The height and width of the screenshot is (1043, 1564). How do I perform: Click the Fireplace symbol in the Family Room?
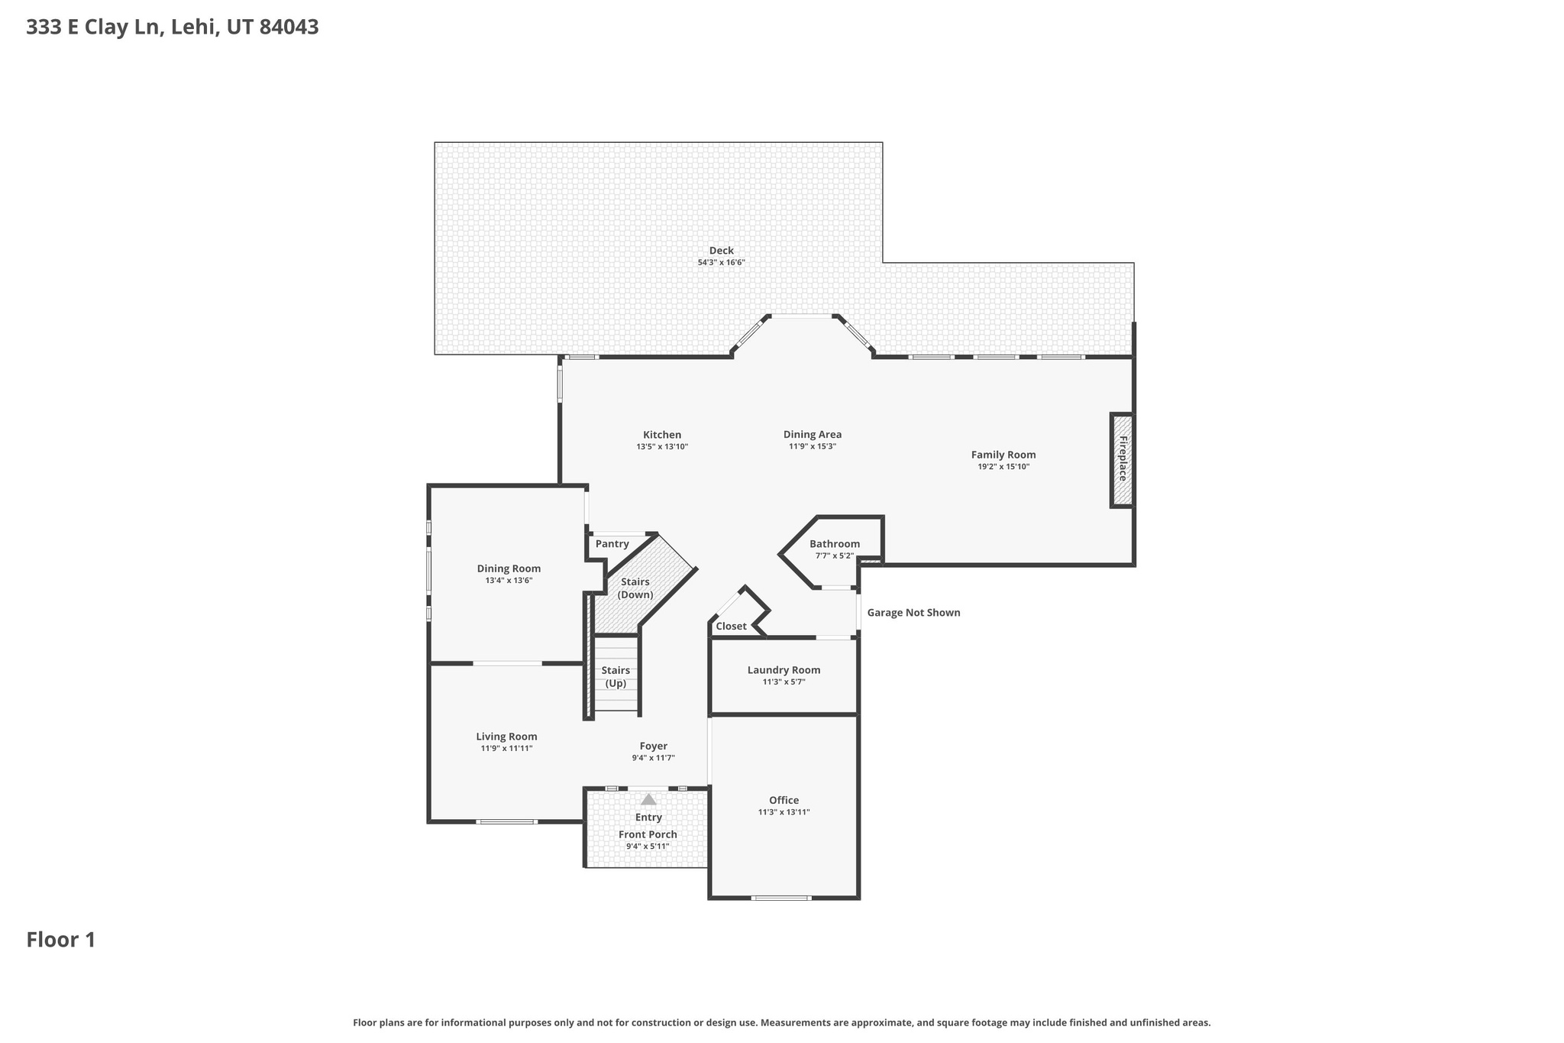click(x=1122, y=459)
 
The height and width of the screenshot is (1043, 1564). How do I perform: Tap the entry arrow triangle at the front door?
click(x=648, y=799)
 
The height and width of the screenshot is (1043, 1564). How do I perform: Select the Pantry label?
click(x=612, y=544)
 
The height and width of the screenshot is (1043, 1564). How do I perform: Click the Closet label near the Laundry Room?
click(x=731, y=627)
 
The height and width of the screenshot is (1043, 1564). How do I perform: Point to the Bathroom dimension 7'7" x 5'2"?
click(x=834, y=556)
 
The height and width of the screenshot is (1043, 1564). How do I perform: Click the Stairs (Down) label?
click(x=635, y=588)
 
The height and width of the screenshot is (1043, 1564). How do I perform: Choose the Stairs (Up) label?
click(x=616, y=677)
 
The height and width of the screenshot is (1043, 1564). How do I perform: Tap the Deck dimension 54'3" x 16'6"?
click(x=721, y=262)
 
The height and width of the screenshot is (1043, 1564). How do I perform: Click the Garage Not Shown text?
click(x=913, y=613)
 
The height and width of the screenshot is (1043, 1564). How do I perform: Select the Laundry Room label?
click(x=784, y=670)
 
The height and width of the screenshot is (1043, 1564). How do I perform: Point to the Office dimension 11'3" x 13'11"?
click(x=784, y=812)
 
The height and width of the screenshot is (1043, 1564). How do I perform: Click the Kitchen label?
click(x=661, y=435)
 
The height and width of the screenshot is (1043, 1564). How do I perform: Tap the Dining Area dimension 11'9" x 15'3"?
click(x=813, y=446)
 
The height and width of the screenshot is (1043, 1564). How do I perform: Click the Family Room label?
click(x=1003, y=455)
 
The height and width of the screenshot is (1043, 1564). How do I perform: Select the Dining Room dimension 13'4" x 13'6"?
click(x=509, y=580)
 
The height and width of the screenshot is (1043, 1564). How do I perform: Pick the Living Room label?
click(x=506, y=737)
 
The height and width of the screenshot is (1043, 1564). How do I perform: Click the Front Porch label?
click(x=648, y=834)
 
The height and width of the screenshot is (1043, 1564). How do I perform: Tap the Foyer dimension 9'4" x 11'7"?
click(x=653, y=758)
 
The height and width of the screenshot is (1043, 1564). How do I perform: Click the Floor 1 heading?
click(x=61, y=940)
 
